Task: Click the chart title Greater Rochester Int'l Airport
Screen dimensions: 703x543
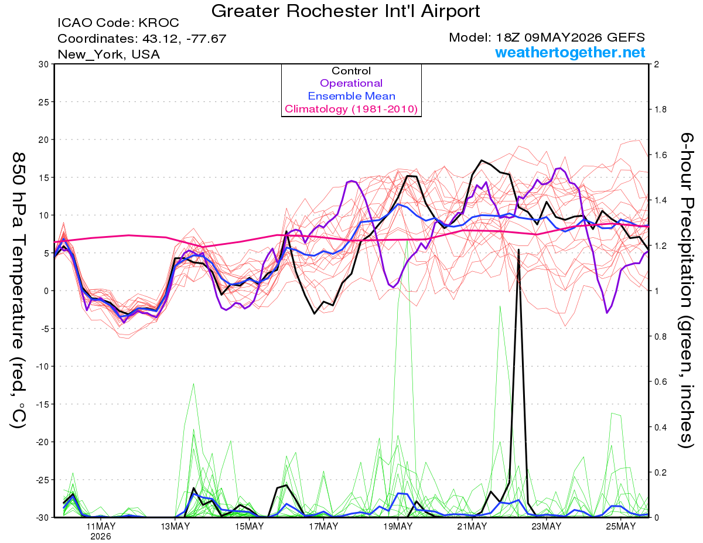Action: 346,11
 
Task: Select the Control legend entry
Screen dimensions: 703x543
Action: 351,71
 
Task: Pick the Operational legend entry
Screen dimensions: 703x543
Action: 351,83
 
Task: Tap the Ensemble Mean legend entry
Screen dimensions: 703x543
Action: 351,96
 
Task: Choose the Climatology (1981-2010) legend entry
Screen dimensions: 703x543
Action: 351,109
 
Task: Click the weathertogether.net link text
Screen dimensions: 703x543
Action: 570,52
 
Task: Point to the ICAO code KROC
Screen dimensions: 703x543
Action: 159,23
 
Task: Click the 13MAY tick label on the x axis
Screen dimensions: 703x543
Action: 175,527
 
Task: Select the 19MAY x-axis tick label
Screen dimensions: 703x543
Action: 398,527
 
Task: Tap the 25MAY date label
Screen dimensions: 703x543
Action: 621,527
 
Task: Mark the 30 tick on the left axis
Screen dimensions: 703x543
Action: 44,64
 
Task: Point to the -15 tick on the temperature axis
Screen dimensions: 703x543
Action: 42,405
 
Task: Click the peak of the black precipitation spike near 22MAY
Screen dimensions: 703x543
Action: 518,250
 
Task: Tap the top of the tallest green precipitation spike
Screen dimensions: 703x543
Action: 407,241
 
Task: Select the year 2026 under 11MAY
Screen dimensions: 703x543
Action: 101,537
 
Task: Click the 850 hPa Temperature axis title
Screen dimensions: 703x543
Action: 18,291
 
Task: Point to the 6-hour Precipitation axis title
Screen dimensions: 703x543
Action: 685,290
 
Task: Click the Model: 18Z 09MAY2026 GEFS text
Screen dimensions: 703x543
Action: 547,37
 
